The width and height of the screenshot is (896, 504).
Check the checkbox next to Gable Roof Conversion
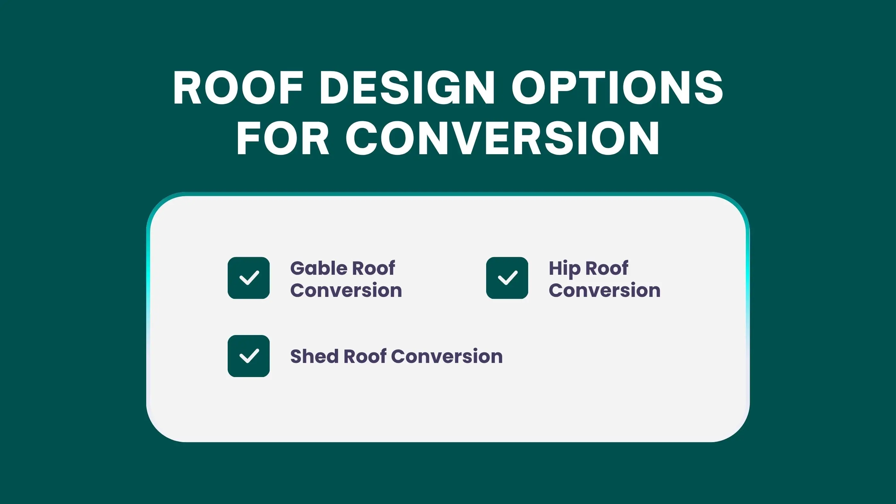pyautogui.click(x=249, y=278)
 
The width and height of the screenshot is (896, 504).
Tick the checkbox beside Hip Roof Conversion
pyautogui.click(x=507, y=278)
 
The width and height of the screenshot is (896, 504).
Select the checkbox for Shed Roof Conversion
pyautogui.click(x=249, y=356)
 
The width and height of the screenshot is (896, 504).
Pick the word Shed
pyautogui.click(x=314, y=356)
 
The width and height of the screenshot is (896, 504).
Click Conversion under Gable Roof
pyautogui.click(x=346, y=290)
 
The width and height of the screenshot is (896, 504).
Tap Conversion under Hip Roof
pyautogui.click(x=604, y=290)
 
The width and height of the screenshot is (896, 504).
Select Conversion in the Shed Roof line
pyautogui.click(x=447, y=356)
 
